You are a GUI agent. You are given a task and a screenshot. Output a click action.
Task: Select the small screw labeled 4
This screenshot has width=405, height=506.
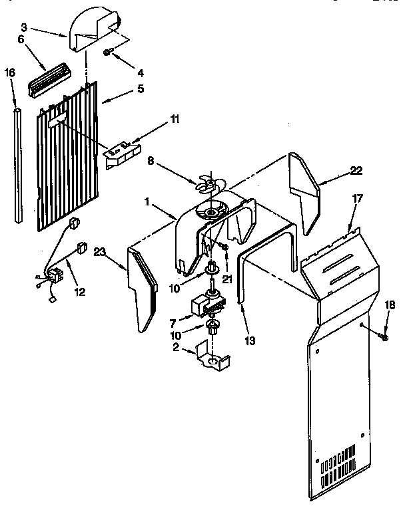click(x=108, y=52)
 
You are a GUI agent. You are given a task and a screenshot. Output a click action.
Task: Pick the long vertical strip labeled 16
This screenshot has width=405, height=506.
click(x=19, y=166)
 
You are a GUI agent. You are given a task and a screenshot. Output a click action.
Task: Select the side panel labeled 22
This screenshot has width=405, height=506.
click(x=304, y=193)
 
